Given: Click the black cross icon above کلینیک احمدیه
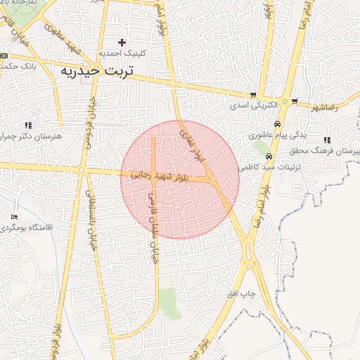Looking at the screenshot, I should tap(122, 42).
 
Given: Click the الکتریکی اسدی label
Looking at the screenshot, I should tap(252, 107).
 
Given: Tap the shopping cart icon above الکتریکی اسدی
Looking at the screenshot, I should tap(253, 96).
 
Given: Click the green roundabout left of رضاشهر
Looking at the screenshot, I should tap(284, 102).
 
